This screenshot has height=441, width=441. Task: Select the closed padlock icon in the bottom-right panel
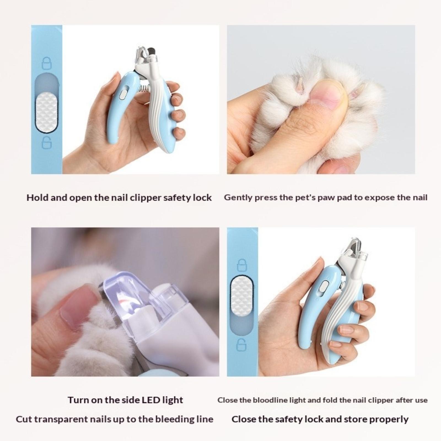242,265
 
